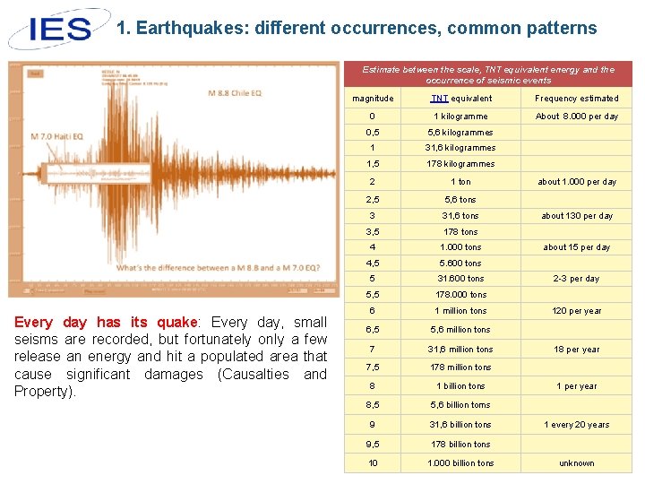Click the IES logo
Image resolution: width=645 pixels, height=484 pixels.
click(x=56, y=28)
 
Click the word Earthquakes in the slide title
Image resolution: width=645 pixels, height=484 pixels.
click(x=189, y=28)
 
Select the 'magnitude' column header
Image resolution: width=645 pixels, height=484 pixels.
click(x=373, y=99)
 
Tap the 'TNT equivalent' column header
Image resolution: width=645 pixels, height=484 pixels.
click(x=460, y=99)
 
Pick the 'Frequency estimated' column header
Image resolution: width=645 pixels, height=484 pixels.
click(x=576, y=99)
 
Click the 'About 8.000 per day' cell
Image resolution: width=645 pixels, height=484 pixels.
click(x=576, y=117)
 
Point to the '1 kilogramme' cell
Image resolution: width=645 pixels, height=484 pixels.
click(x=460, y=117)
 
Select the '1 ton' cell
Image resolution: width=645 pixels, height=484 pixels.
click(x=460, y=182)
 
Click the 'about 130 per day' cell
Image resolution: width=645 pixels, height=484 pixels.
click(x=576, y=216)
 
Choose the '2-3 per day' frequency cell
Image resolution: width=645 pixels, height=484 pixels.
click(x=576, y=279)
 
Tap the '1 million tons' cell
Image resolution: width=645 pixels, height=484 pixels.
click(x=460, y=311)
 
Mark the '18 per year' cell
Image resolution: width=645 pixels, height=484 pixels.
click(x=576, y=350)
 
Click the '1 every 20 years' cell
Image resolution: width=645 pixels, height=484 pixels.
click(x=576, y=425)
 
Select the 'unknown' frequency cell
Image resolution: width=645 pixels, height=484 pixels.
click(x=576, y=463)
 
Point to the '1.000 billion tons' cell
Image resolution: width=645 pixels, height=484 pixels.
click(x=460, y=463)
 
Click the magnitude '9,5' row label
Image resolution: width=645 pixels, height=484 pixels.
click(x=373, y=445)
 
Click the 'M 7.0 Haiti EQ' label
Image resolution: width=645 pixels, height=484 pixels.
click(x=56, y=136)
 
